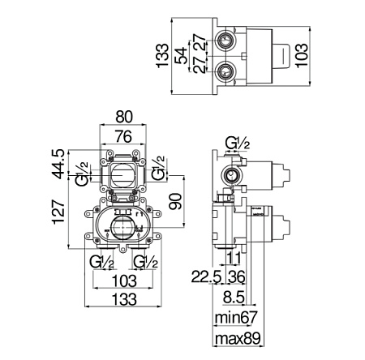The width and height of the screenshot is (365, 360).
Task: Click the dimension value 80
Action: pos(124,117)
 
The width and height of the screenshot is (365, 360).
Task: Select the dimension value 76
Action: pos(123,136)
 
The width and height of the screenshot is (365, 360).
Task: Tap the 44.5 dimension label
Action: pos(58,164)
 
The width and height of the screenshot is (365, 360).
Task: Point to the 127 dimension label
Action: pos(58,212)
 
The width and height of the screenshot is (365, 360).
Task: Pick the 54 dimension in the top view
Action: pos(181,56)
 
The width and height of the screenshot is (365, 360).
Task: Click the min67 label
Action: pos(235,317)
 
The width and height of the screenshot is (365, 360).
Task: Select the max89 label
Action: pos(238,338)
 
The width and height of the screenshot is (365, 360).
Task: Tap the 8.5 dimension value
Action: pos(234,298)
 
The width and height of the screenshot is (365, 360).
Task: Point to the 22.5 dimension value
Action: pos(207,276)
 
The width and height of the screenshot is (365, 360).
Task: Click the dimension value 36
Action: pos(235,276)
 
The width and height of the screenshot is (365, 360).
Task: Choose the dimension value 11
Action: pos(233,258)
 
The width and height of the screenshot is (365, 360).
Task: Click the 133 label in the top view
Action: pos(162,56)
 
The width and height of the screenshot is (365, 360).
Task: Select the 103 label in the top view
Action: pos(301,55)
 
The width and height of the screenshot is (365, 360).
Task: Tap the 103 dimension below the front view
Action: pos(124,281)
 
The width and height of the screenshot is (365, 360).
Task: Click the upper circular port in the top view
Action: pos(224,41)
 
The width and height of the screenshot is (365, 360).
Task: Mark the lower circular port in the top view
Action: pos(224,71)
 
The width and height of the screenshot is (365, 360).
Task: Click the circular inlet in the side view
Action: pos(230,175)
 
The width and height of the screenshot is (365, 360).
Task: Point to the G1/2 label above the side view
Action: pos(238,144)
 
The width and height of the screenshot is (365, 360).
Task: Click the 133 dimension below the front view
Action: pos(124,299)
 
